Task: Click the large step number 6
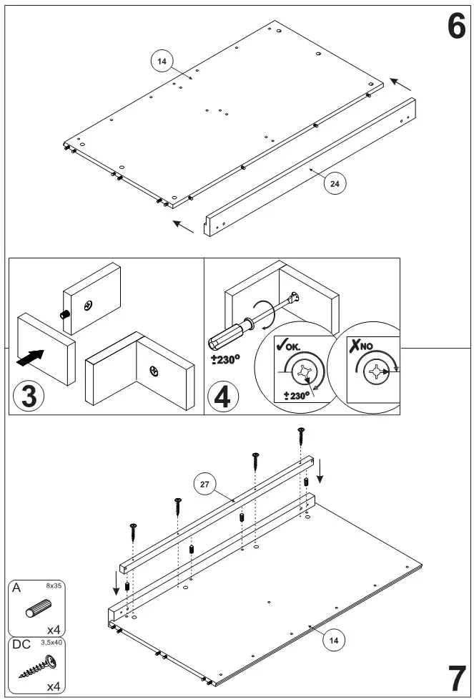coord(456,26)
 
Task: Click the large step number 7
coord(457,677)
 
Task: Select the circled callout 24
coord(335,183)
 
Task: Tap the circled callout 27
coord(204,485)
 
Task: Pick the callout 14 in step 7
coord(331,641)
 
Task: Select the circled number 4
coord(222,397)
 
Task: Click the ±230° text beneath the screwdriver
coord(224,360)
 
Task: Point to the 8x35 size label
coord(54,586)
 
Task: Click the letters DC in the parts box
coord(21,645)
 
